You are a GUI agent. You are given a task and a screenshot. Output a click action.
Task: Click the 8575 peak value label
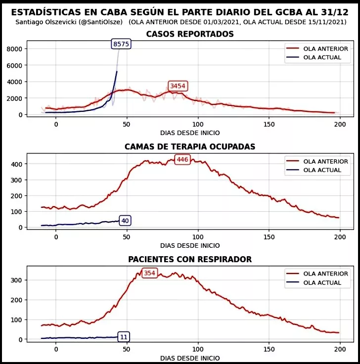(x=121, y=44)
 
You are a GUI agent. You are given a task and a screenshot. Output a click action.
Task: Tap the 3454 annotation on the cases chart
(x=178, y=86)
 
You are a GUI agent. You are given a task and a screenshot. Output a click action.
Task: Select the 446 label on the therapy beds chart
(x=182, y=159)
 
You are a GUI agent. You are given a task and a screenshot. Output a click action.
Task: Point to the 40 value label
(x=125, y=221)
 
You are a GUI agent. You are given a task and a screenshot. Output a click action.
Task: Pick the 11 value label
(x=124, y=337)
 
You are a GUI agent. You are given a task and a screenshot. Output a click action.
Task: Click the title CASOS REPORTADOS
(x=190, y=34)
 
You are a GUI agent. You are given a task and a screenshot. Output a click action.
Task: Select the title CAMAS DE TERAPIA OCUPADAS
(x=190, y=147)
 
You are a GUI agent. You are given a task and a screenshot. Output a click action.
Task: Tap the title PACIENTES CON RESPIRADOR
(x=190, y=259)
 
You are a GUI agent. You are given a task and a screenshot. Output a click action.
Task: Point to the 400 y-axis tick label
(x=16, y=164)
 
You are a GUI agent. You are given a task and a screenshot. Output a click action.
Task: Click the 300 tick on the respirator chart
(x=16, y=280)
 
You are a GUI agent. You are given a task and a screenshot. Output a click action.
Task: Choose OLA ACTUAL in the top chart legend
(x=322, y=58)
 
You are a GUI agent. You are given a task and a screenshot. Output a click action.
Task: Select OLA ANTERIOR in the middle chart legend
(x=325, y=161)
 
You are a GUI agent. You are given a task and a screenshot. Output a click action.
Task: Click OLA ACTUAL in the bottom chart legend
(x=322, y=283)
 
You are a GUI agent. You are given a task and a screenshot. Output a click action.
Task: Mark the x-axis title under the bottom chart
(x=190, y=358)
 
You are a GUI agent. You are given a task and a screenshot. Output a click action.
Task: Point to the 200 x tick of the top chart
(x=340, y=124)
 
